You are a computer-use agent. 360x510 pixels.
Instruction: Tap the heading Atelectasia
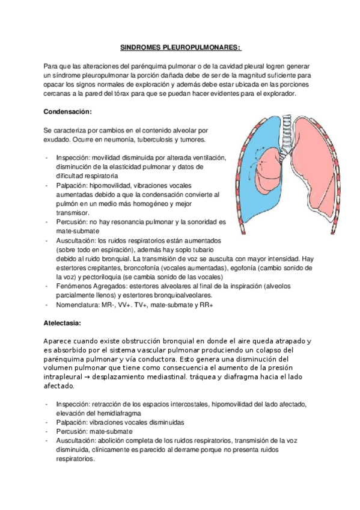tap(63, 322)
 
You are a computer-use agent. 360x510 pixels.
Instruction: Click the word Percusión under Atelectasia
tap(72, 431)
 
